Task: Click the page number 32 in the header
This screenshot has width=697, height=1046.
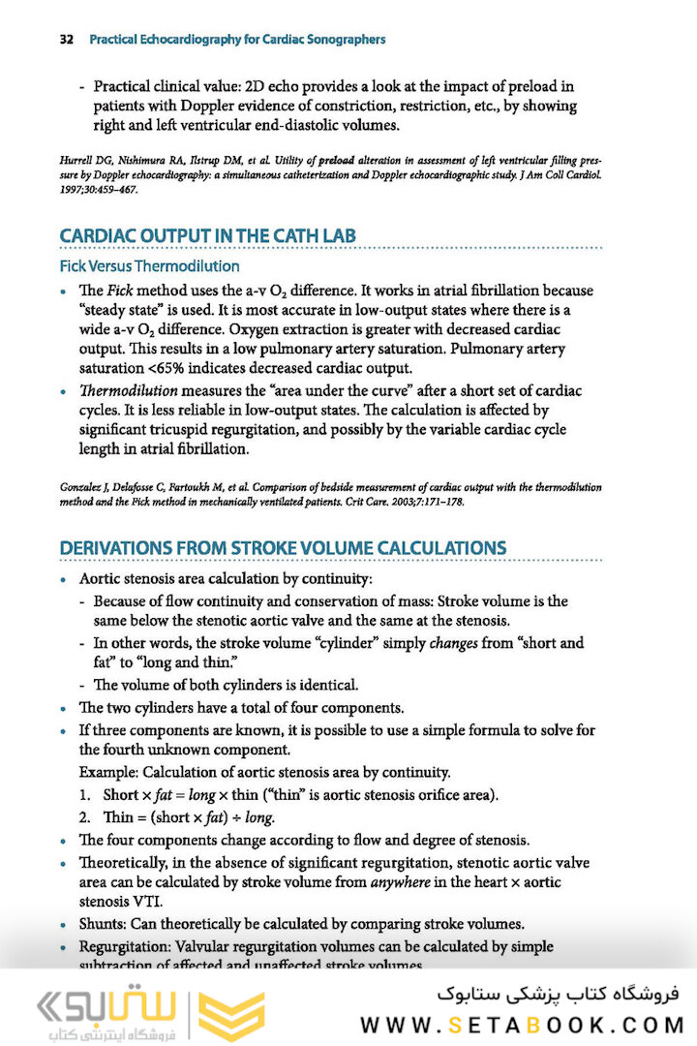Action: (67, 40)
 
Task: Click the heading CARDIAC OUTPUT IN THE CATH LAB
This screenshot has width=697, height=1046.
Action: (207, 236)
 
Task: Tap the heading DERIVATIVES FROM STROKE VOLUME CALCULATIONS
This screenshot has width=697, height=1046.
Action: (283, 548)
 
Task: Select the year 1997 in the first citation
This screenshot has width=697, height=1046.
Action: (71, 189)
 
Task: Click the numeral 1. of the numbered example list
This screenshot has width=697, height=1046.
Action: (85, 795)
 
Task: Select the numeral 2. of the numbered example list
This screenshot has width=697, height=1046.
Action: (85, 816)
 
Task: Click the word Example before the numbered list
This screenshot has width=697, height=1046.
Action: (106, 772)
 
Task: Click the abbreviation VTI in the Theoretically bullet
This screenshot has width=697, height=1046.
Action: (149, 901)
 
